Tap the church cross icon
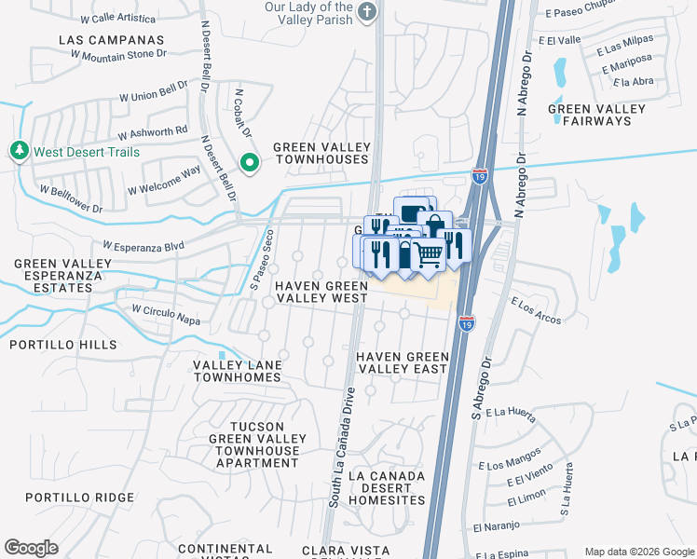[368, 12]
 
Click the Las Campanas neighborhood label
[111, 40]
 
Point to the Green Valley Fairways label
[596, 115]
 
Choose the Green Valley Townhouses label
[321, 153]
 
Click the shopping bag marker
[434, 226]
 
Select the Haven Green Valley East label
[402, 362]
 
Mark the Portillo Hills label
[63, 345]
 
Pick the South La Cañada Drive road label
[341, 447]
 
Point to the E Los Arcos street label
[537, 311]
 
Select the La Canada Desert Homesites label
[386, 487]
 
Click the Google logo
[31, 547]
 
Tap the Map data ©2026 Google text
[639, 552]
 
